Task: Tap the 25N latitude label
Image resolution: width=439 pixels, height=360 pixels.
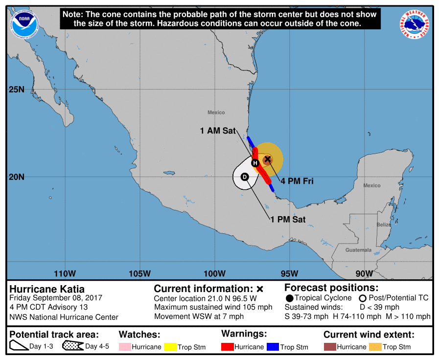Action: [16, 90]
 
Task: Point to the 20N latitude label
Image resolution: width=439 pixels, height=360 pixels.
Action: [16, 177]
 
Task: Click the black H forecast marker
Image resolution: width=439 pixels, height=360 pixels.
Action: [255, 163]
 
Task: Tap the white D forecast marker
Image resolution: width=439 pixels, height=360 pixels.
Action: [245, 177]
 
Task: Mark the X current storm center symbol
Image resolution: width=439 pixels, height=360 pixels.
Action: [267, 159]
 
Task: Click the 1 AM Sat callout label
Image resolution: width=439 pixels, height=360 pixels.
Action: [218, 131]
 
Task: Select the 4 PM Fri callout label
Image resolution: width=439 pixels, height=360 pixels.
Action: [297, 181]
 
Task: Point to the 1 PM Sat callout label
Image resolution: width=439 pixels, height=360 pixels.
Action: [288, 220]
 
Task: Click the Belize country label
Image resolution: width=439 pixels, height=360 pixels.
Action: [384, 225]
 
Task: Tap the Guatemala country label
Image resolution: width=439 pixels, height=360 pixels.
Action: [358, 250]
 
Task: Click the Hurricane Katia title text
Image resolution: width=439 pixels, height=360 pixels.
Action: [47, 289]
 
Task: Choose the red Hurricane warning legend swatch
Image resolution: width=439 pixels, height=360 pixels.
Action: [227, 347]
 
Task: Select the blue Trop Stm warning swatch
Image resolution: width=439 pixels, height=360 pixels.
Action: [273, 347]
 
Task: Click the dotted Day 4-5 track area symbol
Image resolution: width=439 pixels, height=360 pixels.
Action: [72, 346]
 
